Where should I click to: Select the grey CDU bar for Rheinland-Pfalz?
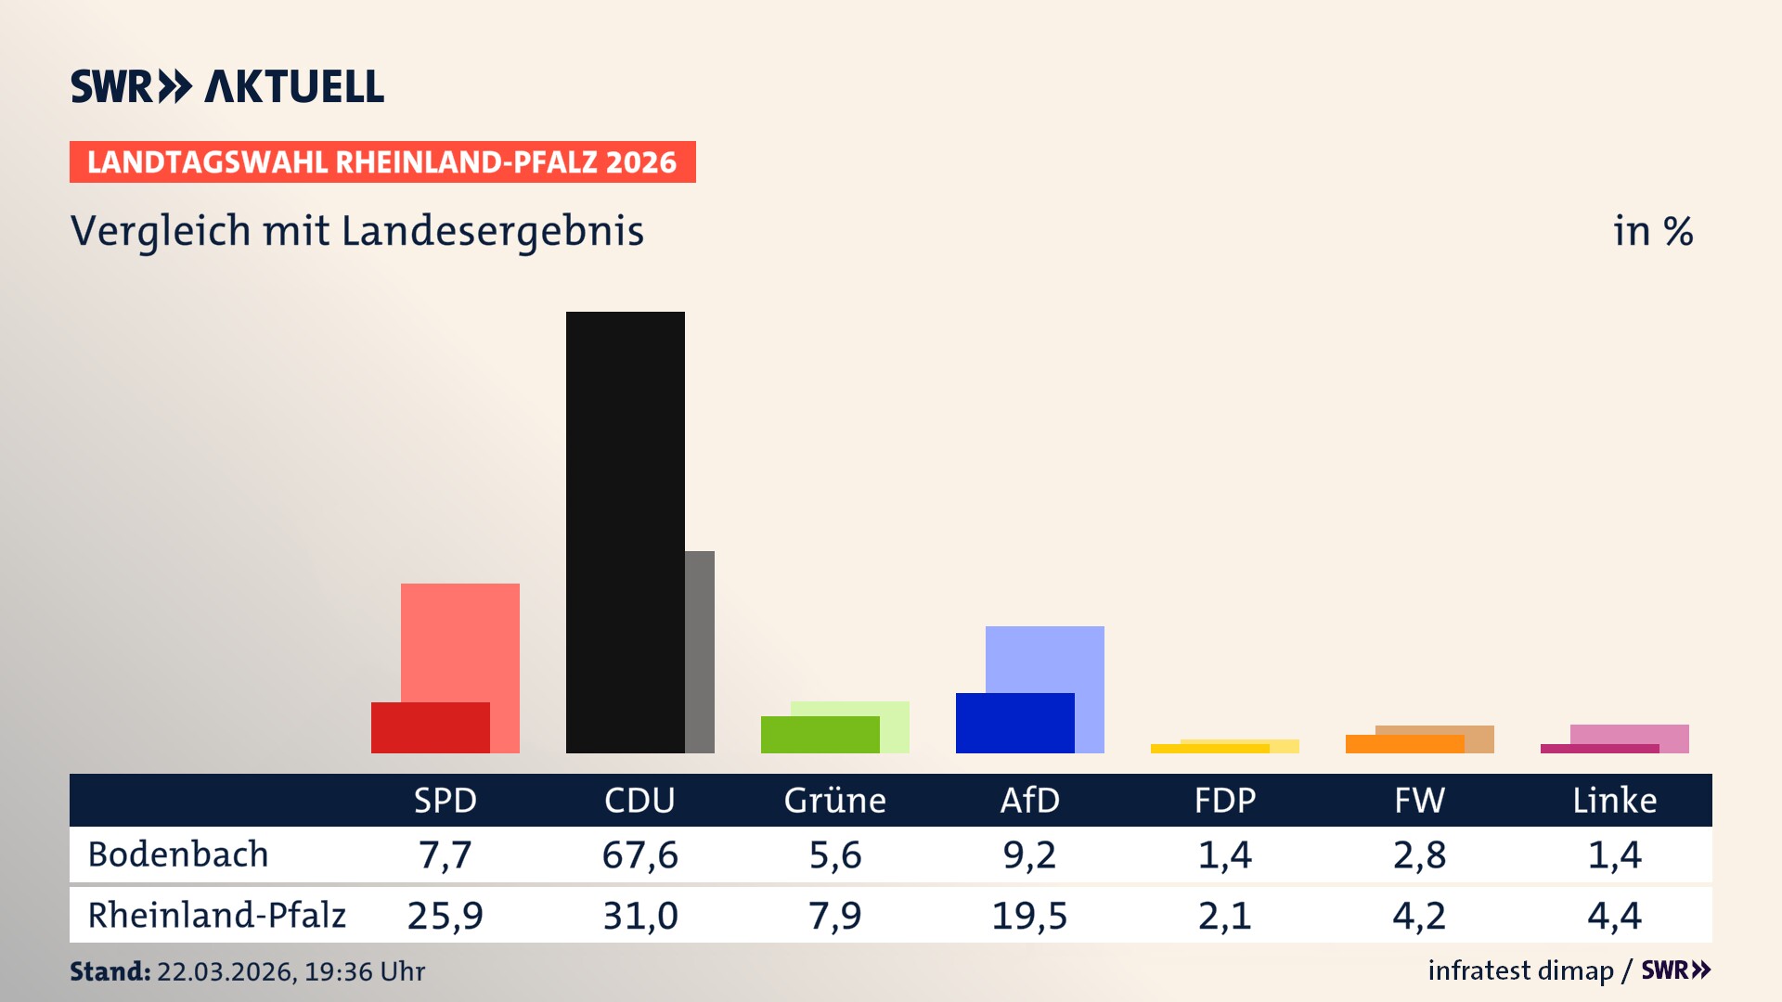(x=700, y=651)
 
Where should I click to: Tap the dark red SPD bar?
(x=430, y=727)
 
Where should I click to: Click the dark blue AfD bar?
(x=1014, y=723)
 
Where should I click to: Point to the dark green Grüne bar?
(x=820, y=734)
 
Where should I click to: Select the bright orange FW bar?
(x=1404, y=744)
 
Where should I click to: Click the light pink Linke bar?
(x=1630, y=734)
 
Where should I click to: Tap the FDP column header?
(x=1224, y=800)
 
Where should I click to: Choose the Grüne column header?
(x=834, y=800)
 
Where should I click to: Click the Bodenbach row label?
(x=178, y=854)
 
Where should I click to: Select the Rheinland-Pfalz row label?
(x=216, y=916)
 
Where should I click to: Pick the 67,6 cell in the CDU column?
(x=639, y=854)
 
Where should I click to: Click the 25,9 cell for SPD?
(x=445, y=916)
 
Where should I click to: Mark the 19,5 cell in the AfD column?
(x=1029, y=916)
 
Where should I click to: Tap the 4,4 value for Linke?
(x=1614, y=916)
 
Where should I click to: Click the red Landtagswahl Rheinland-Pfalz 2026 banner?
(x=382, y=162)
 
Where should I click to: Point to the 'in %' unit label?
(x=1652, y=231)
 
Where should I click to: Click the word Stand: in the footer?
(x=110, y=971)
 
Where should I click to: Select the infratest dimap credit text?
(x=1519, y=970)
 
